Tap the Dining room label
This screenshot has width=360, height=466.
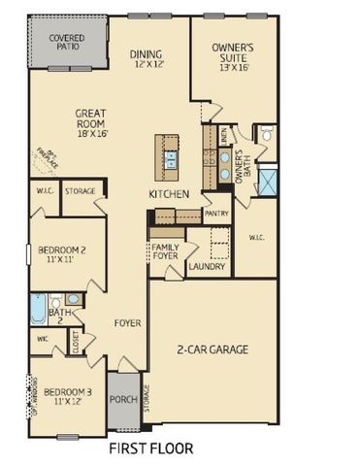tap(147, 59)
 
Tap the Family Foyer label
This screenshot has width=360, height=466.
tap(166, 253)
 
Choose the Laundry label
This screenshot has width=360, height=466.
tap(207, 266)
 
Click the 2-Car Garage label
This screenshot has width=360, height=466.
tap(213, 349)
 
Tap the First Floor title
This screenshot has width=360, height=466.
tap(150, 449)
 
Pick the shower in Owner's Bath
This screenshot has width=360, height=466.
tap(268, 178)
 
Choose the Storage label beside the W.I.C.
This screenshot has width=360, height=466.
tap(81, 192)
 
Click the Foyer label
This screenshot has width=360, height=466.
tap(127, 322)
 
